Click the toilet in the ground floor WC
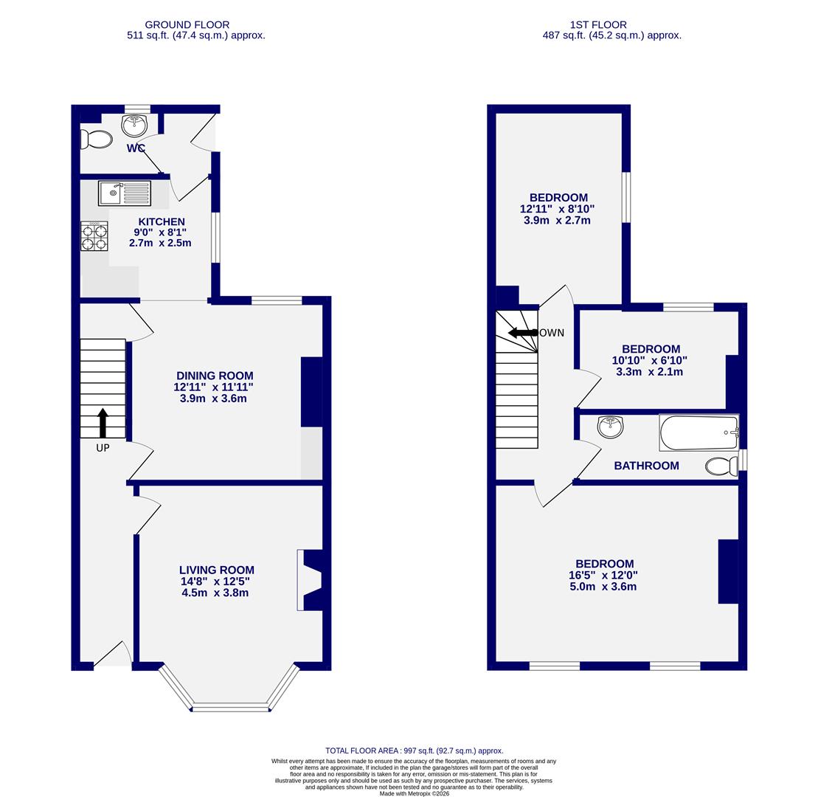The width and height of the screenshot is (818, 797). point(97,139)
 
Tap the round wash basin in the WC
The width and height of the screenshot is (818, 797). point(134,125)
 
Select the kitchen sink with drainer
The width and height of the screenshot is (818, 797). point(125,193)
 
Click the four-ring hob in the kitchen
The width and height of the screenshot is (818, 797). point(94,237)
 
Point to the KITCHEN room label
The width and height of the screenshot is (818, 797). point(162,221)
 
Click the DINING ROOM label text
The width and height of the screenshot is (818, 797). point(214,376)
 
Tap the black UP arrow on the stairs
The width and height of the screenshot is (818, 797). point(103,422)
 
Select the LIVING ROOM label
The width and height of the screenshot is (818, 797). point(216,570)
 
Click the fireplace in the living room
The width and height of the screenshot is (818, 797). point(309,580)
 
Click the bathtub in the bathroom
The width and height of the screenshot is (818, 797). point(698,433)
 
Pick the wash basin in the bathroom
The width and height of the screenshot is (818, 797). point(610,427)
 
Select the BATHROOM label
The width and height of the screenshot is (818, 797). point(646,466)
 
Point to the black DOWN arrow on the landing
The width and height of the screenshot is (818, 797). point(523,333)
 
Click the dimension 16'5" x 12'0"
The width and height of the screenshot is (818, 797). point(603,576)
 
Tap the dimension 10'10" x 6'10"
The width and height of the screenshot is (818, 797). point(650,361)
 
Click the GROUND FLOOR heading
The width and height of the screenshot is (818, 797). point(187,24)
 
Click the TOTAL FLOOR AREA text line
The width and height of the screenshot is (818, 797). point(414,751)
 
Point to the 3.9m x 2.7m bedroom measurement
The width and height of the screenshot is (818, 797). point(557,221)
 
